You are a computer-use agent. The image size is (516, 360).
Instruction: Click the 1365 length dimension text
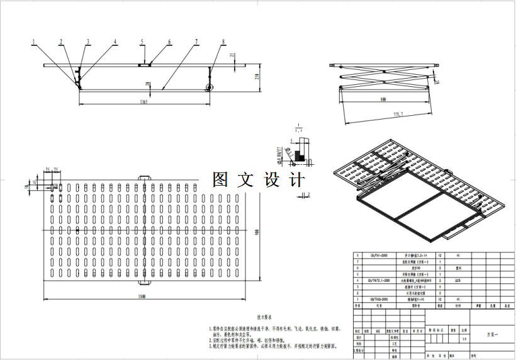[x=144, y=103]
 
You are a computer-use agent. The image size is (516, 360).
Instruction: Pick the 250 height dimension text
[x=257, y=76]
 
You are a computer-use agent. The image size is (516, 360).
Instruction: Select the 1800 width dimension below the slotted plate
[x=147, y=298]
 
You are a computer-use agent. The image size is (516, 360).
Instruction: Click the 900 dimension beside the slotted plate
[x=257, y=232]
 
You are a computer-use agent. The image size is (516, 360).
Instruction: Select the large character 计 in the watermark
[x=297, y=180]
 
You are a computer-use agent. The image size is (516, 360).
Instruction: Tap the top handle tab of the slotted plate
[x=144, y=178]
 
